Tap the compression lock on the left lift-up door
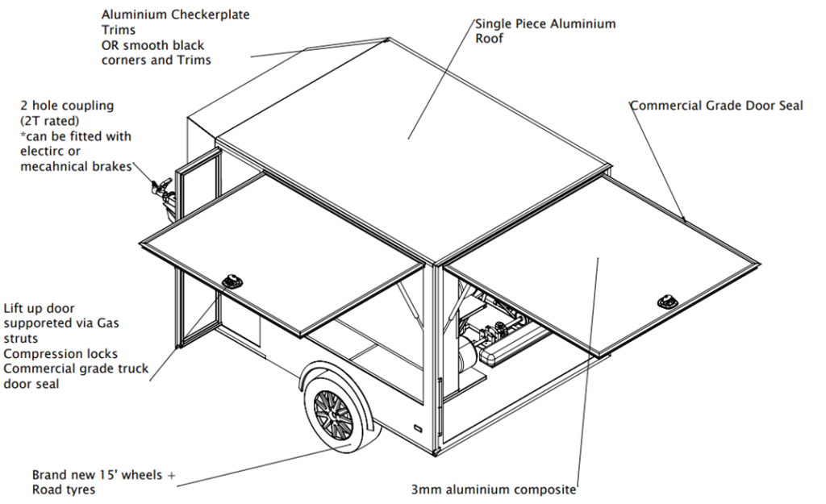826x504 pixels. [232, 281]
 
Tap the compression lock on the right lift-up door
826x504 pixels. [666, 302]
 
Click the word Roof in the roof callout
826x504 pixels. [490, 39]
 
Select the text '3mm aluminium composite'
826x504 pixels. [494, 489]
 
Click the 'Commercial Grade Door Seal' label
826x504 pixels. [716, 106]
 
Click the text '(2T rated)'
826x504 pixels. [50, 121]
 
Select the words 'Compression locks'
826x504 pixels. [60, 354]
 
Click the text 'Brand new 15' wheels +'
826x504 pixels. [104, 475]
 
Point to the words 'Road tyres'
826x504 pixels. [64, 489]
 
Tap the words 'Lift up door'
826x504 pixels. [39, 309]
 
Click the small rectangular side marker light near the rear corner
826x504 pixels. [417, 429]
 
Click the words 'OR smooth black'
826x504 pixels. [152, 45]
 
